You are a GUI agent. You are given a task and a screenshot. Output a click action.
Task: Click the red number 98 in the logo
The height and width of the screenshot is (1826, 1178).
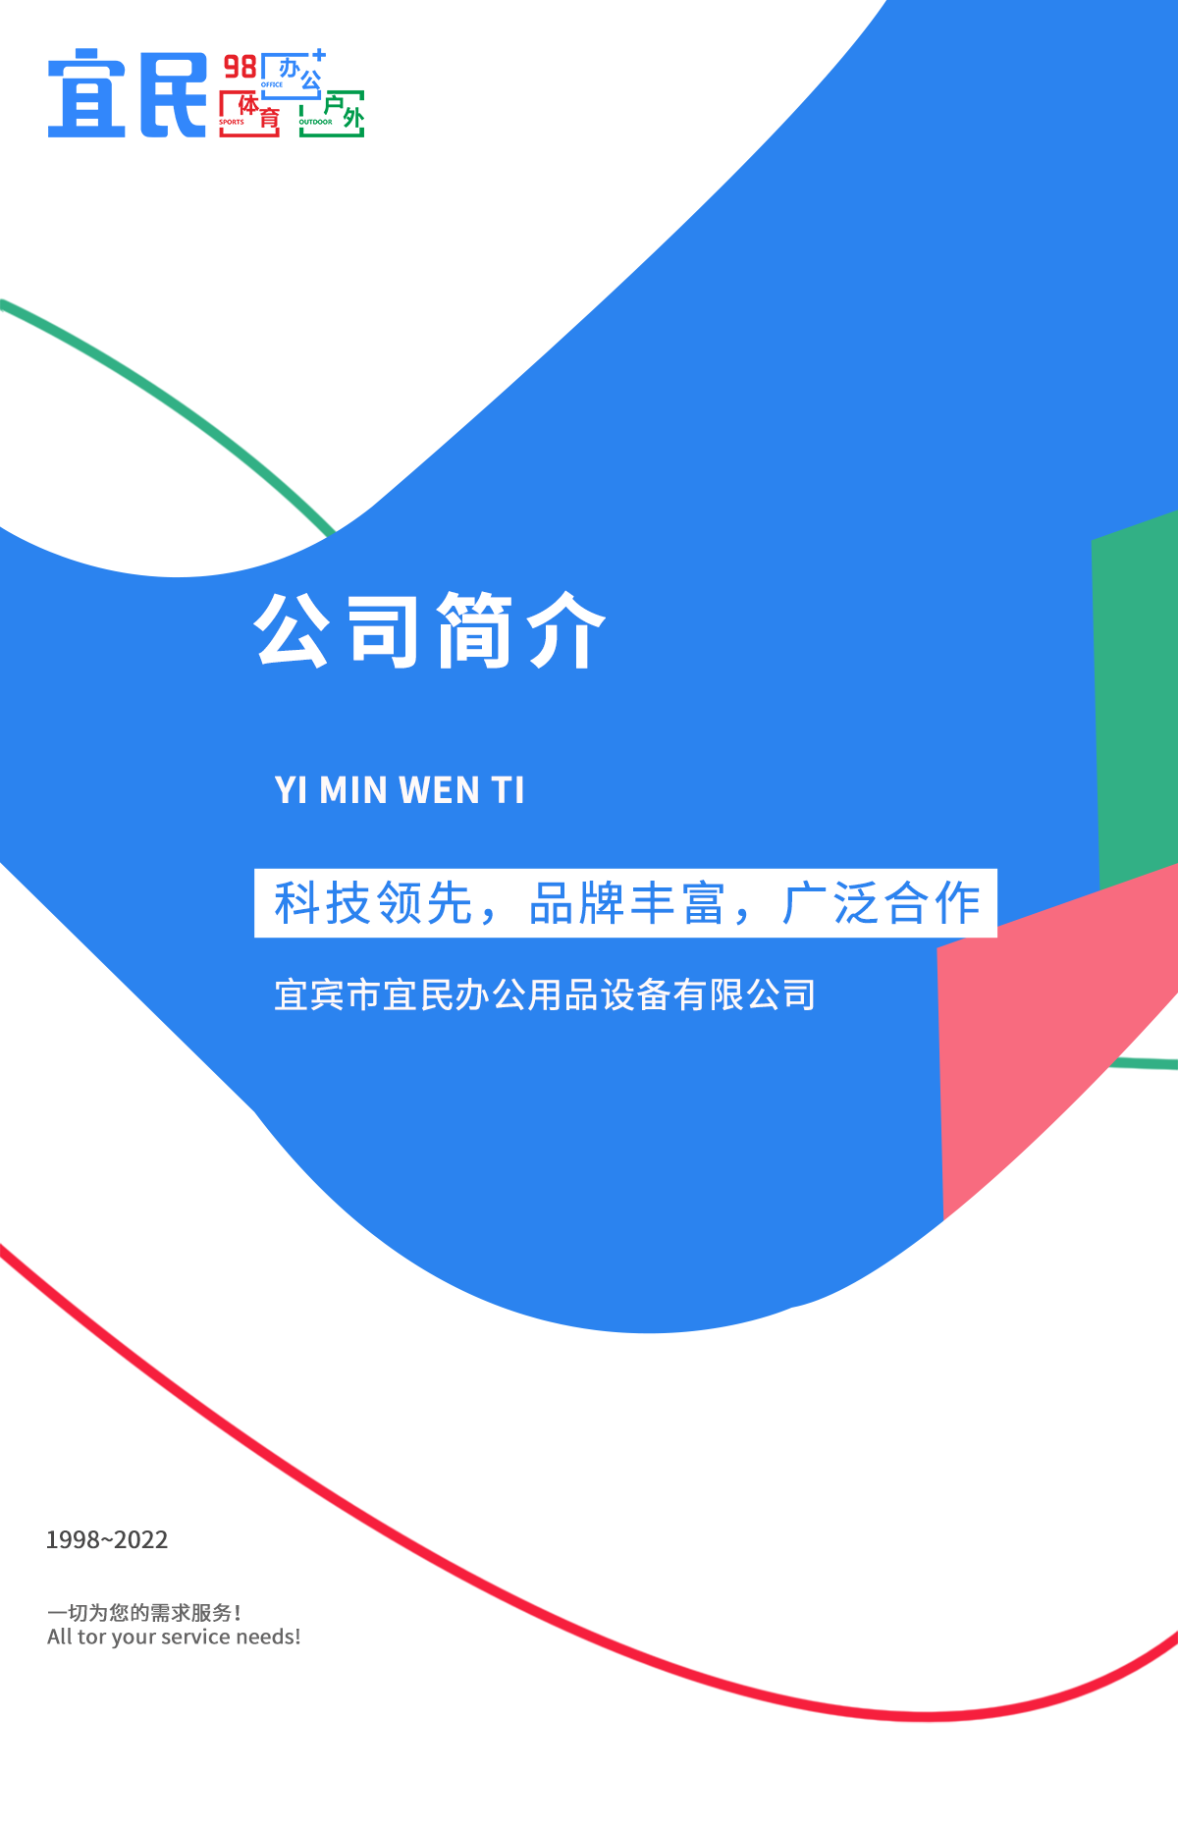(x=241, y=67)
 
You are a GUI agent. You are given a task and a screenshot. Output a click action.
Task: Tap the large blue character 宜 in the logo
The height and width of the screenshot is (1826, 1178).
(x=87, y=93)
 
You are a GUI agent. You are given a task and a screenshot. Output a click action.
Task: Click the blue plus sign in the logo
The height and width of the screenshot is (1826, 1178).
(x=319, y=56)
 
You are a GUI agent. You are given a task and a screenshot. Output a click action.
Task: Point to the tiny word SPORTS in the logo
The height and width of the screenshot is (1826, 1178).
(x=232, y=123)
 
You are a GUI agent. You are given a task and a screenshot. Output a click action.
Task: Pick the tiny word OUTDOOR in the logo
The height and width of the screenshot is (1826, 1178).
(x=316, y=123)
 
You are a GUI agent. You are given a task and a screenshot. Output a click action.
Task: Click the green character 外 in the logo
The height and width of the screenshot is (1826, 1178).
(x=353, y=119)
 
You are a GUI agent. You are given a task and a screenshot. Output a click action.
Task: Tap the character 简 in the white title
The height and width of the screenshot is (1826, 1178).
(x=475, y=630)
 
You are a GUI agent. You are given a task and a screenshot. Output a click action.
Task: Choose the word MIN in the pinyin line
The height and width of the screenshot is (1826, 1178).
(x=353, y=790)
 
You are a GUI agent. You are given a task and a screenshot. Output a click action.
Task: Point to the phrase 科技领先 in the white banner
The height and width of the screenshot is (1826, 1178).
(x=374, y=903)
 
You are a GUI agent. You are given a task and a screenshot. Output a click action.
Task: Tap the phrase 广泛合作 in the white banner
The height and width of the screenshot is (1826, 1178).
(x=882, y=903)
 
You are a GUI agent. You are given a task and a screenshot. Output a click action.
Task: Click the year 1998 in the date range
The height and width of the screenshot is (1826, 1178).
(x=73, y=1539)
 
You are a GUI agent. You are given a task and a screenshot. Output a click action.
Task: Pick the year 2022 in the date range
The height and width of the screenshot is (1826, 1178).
(x=141, y=1539)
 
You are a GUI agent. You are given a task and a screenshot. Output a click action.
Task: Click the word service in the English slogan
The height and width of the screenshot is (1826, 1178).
(x=195, y=1637)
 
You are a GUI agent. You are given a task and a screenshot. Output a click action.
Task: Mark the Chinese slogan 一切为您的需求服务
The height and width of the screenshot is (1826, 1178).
(x=143, y=1612)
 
